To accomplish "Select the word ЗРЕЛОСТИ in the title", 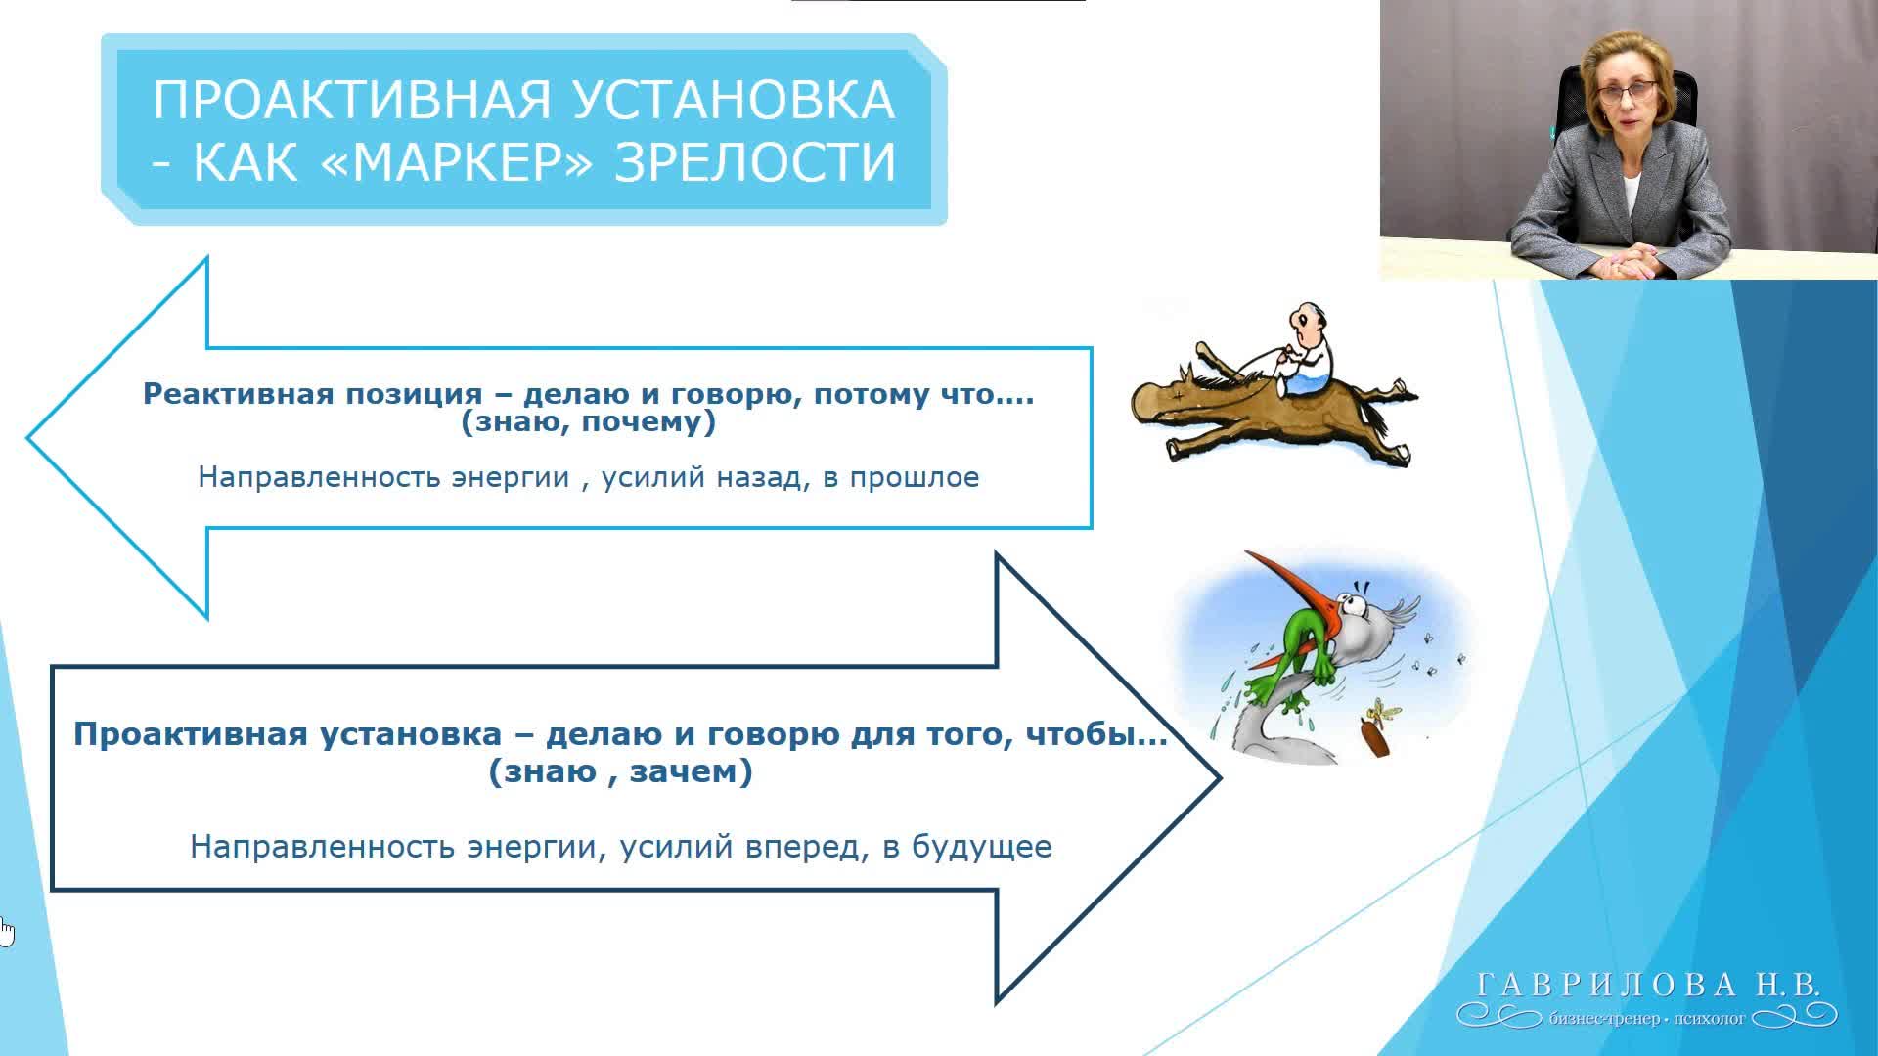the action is click(755, 161).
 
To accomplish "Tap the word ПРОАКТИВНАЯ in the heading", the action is click(352, 100).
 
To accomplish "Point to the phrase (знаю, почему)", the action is click(589, 422).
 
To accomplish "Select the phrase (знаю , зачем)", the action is click(621, 772).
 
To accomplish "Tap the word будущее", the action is click(981, 847).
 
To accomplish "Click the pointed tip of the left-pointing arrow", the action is click(28, 438).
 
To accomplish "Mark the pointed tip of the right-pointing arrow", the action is click(1221, 778).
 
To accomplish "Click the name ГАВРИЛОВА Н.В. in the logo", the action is click(1647, 984).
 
